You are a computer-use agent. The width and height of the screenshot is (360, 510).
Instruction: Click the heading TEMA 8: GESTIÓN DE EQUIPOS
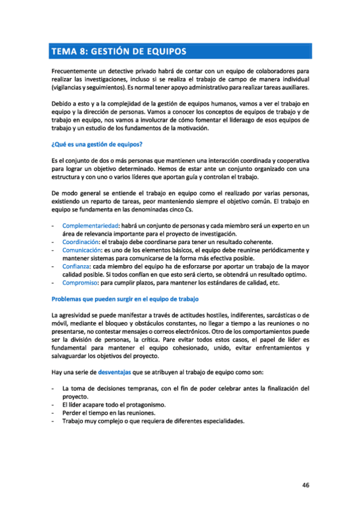pos(118,51)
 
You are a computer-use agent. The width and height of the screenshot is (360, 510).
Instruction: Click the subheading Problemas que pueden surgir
pos(126,299)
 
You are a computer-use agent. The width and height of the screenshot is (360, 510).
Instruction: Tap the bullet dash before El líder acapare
pos(54,405)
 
